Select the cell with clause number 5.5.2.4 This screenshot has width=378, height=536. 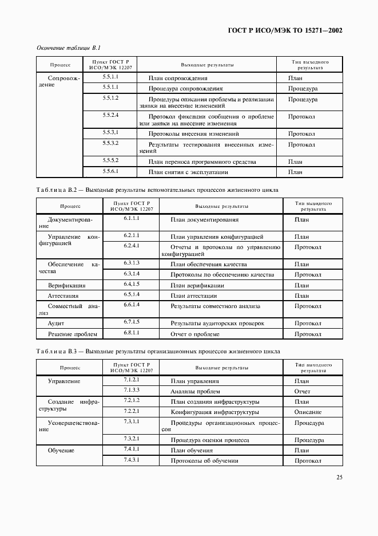coord(110,116)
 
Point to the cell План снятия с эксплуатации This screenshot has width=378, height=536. coord(188,172)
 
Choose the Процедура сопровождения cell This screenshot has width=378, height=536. coord(185,89)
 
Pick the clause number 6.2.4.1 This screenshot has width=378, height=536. coord(132,245)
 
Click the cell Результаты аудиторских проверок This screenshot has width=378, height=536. coord(217,324)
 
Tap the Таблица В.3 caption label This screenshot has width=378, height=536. coord(57,351)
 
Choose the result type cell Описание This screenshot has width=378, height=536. coord(308,412)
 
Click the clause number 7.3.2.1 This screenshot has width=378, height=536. coord(132,439)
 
